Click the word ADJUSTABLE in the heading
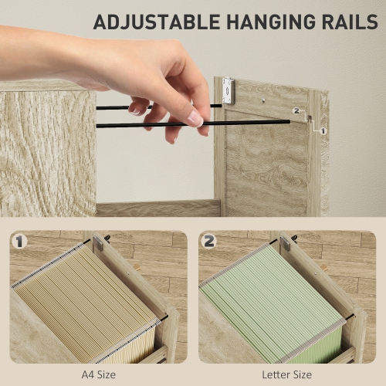click(x=157, y=22)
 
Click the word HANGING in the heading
click(x=271, y=22)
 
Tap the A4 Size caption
click(x=99, y=374)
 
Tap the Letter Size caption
click(x=286, y=374)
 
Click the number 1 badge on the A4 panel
click(x=19, y=242)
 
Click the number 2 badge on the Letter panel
click(x=209, y=242)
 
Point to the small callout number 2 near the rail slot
click(x=296, y=111)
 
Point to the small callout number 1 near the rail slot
click(x=323, y=131)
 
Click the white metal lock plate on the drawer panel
click(x=229, y=90)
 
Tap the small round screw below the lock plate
click(x=263, y=100)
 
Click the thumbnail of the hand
click(x=195, y=119)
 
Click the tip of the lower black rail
click(x=289, y=122)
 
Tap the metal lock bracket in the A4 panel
click(x=98, y=244)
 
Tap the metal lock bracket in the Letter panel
click(x=285, y=244)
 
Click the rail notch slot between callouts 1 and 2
click(x=310, y=119)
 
